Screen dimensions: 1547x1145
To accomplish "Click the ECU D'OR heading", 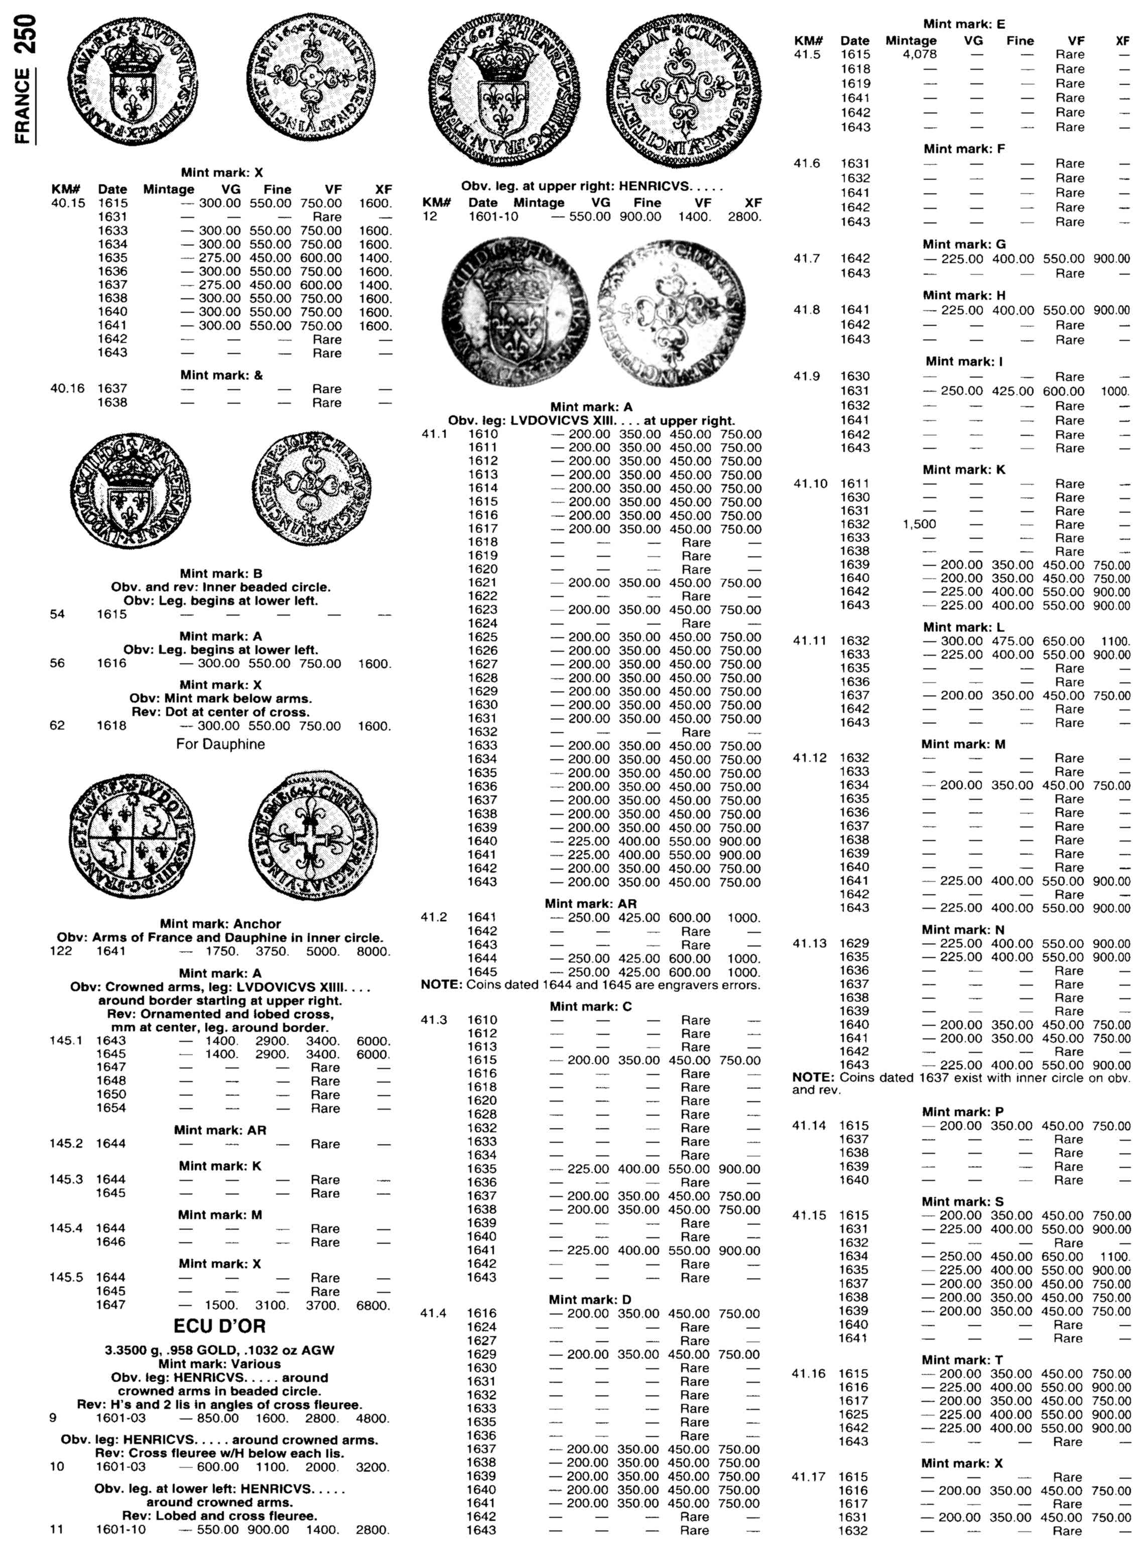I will (x=220, y=1326).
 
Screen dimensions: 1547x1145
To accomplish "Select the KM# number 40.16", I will (x=68, y=388).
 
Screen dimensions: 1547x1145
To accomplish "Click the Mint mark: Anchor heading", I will (x=220, y=924).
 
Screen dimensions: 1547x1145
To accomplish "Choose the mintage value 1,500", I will (x=920, y=524).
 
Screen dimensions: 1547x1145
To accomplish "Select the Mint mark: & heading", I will (x=221, y=375).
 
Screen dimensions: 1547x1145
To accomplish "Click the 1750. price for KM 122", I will (x=221, y=951).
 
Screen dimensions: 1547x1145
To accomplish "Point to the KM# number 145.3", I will (x=67, y=1179).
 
